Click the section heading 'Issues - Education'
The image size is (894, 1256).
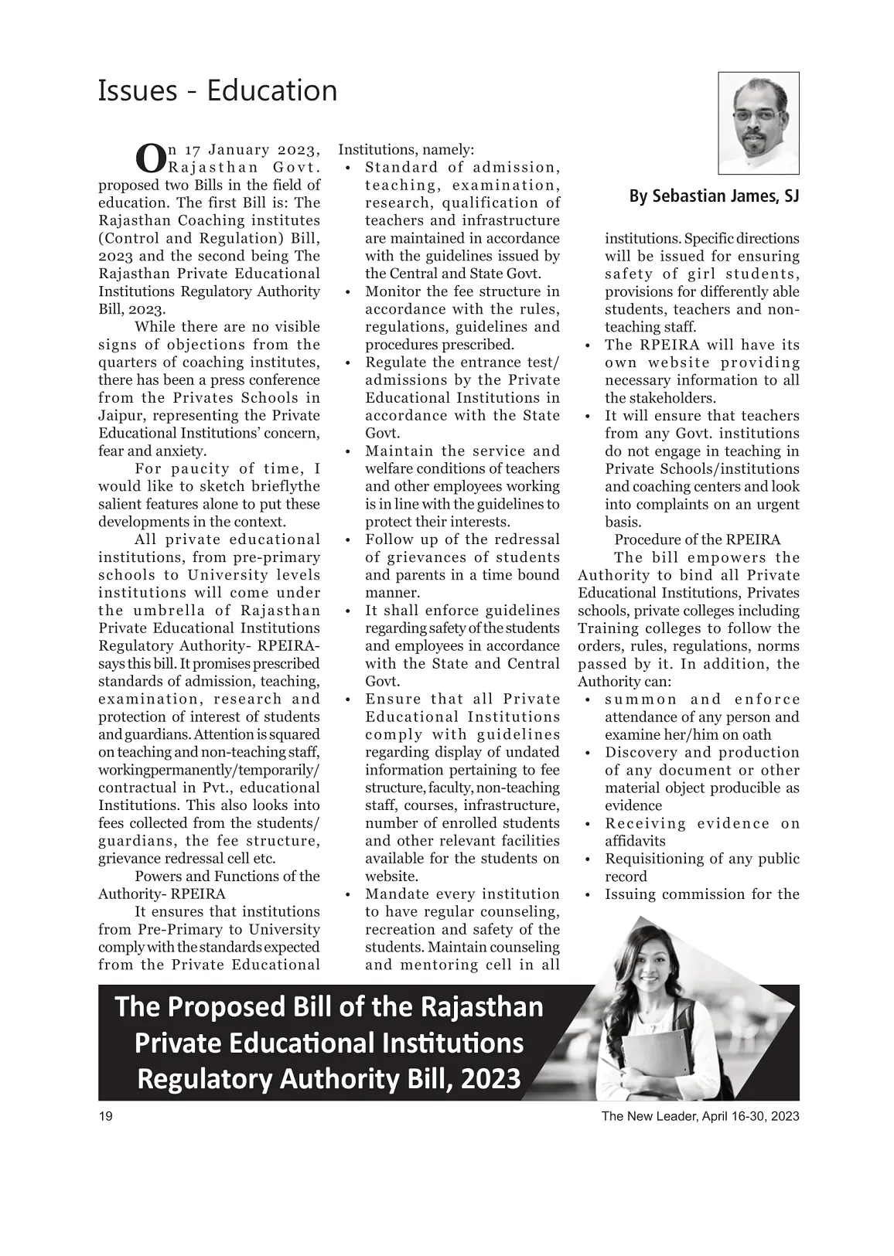(217, 91)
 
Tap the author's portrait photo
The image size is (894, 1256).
(758, 124)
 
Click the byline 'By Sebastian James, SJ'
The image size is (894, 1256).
(714, 196)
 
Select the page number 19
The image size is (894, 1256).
(106, 1116)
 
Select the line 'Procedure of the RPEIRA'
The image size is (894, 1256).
(697, 540)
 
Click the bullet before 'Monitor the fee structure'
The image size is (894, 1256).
(348, 292)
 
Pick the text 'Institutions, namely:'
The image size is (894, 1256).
(407, 149)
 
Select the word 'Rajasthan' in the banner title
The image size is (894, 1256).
(483, 1007)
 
